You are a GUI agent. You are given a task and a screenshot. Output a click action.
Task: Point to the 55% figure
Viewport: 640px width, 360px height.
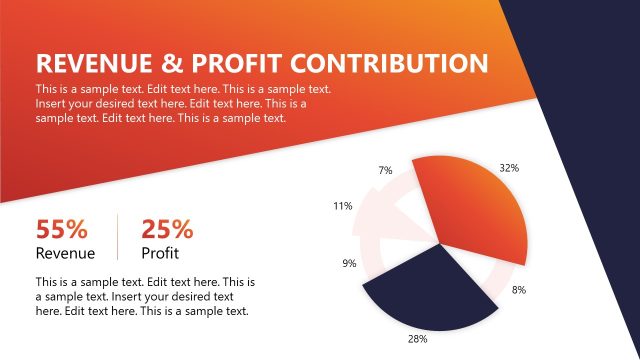click(x=62, y=229)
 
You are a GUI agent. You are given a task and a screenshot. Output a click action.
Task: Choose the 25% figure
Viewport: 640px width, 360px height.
click(x=167, y=229)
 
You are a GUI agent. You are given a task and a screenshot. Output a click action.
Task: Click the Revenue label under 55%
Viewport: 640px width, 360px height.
click(x=65, y=253)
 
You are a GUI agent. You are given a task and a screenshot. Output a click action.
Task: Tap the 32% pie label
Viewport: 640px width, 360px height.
click(x=509, y=168)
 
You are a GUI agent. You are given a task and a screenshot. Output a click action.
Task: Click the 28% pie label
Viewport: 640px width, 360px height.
click(x=418, y=339)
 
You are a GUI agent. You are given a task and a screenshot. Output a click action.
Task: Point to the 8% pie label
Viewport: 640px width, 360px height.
click(x=519, y=290)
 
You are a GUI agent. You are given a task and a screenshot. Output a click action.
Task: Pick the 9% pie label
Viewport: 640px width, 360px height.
click(x=349, y=264)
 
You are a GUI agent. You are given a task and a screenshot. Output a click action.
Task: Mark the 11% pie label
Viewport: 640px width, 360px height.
click(x=342, y=206)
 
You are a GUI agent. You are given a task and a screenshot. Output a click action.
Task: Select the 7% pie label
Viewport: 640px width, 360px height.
click(x=385, y=170)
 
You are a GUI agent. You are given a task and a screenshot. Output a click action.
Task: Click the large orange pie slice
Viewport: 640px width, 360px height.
click(x=470, y=210)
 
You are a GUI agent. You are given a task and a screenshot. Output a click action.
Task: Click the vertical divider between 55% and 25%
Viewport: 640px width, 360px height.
click(x=118, y=238)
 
